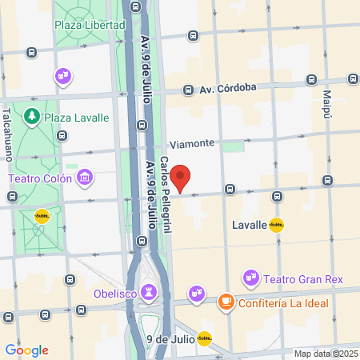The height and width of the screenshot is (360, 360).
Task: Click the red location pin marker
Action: pyautogui.click(x=182, y=178)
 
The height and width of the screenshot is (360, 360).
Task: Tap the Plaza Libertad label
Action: pyautogui.click(x=90, y=25)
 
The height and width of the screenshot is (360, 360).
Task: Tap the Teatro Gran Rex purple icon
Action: pyautogui.click(x=251, y=278)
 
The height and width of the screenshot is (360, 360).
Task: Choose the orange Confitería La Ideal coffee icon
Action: pyautogui.click(x=226, y=301)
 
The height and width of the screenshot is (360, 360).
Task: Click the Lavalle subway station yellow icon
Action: pyautogui.click(x=277, y=225)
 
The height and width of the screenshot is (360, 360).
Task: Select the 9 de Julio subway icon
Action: pyautogui.click(x=205, y=338)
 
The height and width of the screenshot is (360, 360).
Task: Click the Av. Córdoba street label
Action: pyautogui.click(x=227, y=90)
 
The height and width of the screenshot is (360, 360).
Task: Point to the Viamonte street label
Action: pyautogui.click(x=191, y=143)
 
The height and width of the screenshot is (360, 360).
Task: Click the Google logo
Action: pyautogui.click(x=26, y=350)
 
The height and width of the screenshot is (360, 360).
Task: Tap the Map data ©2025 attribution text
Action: pyautogui.click(x=325, y=354)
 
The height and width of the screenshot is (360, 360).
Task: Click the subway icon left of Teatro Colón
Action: pyautogui.click(x=42, y=215)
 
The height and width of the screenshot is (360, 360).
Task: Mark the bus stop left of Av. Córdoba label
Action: pyautogui.click(x=188, y=90)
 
